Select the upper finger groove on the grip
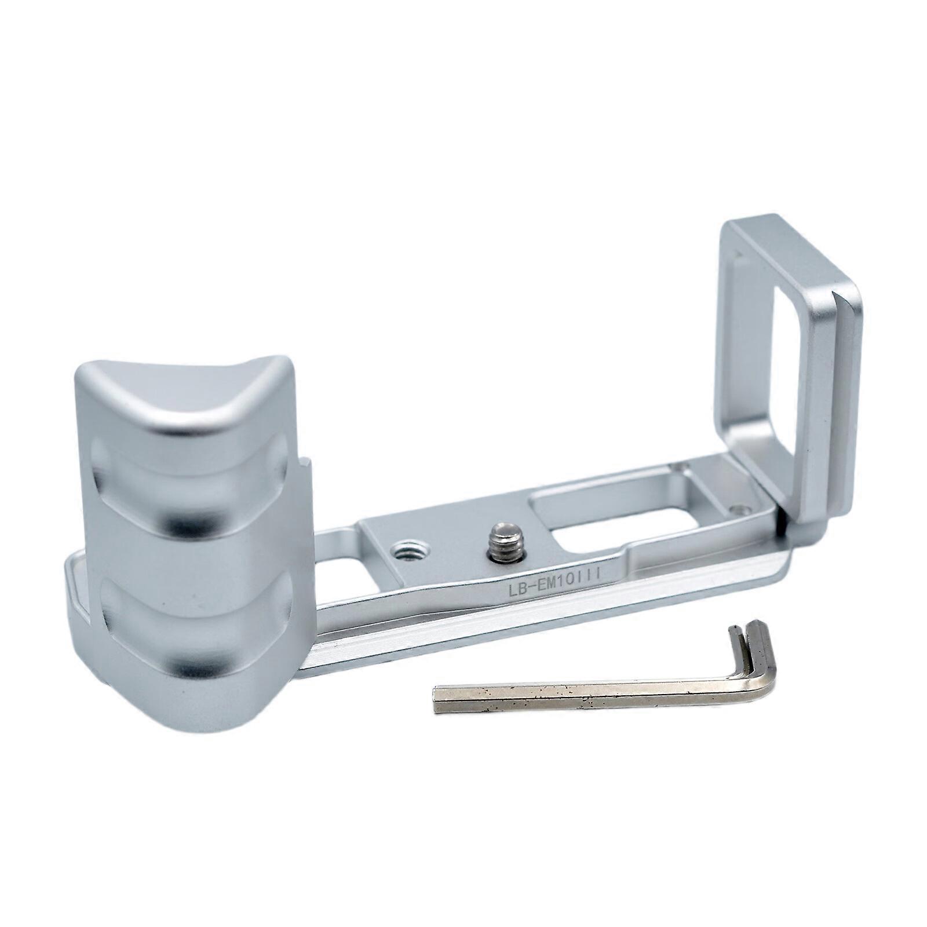[191, 487]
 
